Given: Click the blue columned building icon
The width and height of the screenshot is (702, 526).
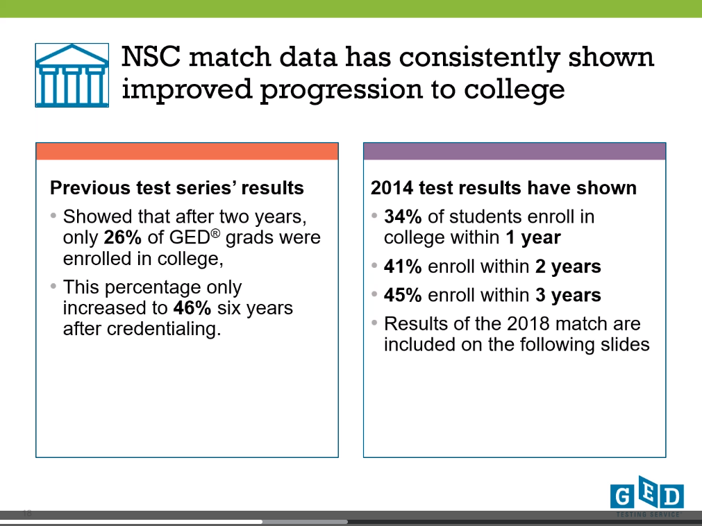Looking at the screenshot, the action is click(x=72, y=75).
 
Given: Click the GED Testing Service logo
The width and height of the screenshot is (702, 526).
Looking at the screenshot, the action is click(x=647, y=496).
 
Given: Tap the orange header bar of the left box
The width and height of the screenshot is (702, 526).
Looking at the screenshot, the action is click(x=187, y=151).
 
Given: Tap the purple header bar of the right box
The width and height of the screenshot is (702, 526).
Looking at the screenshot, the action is click(x=515, y=151).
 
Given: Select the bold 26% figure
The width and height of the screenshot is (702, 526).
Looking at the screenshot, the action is click(x=123, y=237).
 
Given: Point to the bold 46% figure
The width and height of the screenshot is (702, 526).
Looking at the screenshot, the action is click(x=192, y=308).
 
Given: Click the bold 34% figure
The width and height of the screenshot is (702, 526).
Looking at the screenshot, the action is click(x=403, y=217).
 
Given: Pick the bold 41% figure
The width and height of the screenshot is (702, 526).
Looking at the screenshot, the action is click(x=403, y=266).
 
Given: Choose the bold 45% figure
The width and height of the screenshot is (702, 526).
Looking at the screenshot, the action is click(x=403, y=295).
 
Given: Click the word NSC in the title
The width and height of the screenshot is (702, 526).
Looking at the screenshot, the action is click(x=151, y=57).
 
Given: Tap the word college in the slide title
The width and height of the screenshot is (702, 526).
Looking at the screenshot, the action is click(x=514, y=90).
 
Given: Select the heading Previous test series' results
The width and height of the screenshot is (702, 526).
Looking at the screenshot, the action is click(x=177, y=188).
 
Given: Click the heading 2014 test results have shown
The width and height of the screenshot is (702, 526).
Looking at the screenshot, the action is click(x=503, y=188).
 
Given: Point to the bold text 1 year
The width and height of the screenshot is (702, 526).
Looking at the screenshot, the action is click(x=533, y=238).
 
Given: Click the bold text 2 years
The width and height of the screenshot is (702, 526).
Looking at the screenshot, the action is click(x=568, y=267).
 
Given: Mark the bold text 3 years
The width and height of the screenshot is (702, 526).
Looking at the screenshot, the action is click(x=568, y=296).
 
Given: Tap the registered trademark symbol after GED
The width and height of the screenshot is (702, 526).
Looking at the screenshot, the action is click(x=215, y=233).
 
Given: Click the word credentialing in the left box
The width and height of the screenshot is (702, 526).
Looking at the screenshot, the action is click(x=165, y=330).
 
